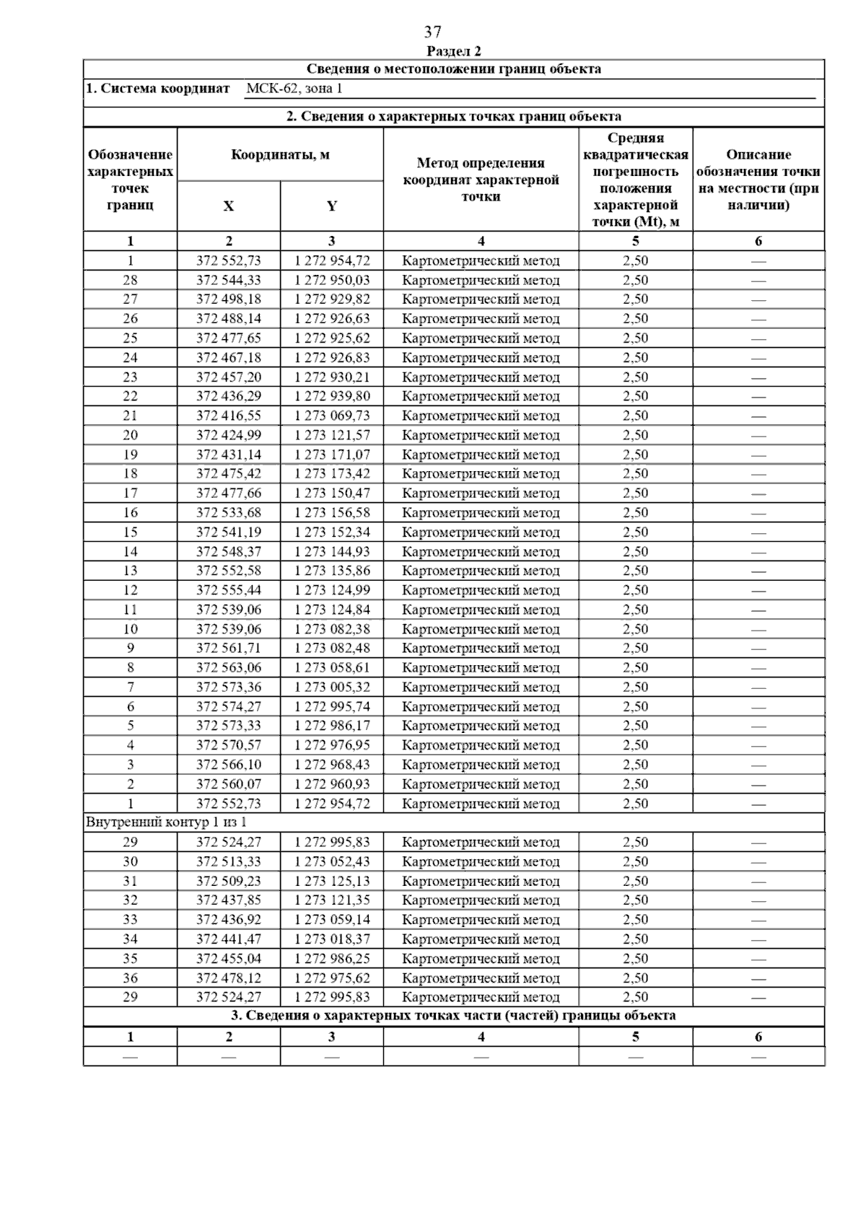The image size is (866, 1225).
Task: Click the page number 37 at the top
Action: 432,32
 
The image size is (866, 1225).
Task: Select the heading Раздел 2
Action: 453,51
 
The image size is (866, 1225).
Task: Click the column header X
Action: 228,206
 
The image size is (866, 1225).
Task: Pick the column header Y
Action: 331,206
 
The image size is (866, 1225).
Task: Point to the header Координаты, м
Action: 280,155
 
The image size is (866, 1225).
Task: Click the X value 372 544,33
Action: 228,280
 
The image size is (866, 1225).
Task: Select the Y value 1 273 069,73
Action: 331,416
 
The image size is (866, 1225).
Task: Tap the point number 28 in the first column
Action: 130,280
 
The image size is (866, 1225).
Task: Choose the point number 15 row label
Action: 130,532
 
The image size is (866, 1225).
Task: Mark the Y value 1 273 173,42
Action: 331,474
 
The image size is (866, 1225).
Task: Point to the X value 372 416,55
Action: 228,416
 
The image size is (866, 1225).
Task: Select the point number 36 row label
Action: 130,978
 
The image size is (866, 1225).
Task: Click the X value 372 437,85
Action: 228,900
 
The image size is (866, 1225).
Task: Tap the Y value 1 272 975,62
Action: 331,978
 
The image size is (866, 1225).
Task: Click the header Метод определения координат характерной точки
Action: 481,180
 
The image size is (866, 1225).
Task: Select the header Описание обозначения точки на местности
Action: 758,180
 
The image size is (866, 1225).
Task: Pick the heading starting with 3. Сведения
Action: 453,1016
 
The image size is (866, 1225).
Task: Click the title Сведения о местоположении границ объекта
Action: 453,69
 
